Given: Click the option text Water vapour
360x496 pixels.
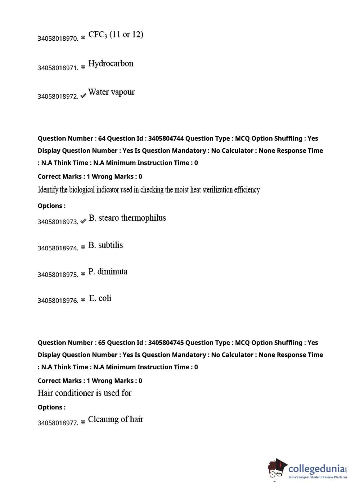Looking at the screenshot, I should (x=111, y=93).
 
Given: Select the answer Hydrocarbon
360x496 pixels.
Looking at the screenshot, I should (x=111, y=64).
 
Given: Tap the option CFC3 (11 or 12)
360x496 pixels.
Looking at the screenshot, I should (x=116, y=35).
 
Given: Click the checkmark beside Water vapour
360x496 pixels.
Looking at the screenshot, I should (x=83, y=96).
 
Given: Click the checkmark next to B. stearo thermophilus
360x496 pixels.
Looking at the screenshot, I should (x=83, y=221).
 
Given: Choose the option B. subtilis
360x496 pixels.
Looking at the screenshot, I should (x=105, y=245).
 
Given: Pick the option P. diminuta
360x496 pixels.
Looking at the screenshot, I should (x=108, y=271).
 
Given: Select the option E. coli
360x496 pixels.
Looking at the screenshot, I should (x=100, y=298).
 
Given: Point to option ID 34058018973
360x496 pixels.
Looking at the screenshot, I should (x=58, y=222).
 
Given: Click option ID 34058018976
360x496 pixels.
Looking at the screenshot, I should (x=58, y=301).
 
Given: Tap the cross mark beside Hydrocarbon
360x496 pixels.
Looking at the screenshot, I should (x=83, y=67).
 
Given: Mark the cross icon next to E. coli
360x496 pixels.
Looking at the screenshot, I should (x=83, y=300).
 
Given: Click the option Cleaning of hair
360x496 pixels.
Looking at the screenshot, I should (x=116, y=419).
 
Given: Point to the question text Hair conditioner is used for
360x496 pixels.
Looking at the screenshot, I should (x=85, y=393).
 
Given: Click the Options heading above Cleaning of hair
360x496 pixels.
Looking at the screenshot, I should (x=51, y=407).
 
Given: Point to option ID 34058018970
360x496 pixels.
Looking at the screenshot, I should (x=58, y=39).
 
